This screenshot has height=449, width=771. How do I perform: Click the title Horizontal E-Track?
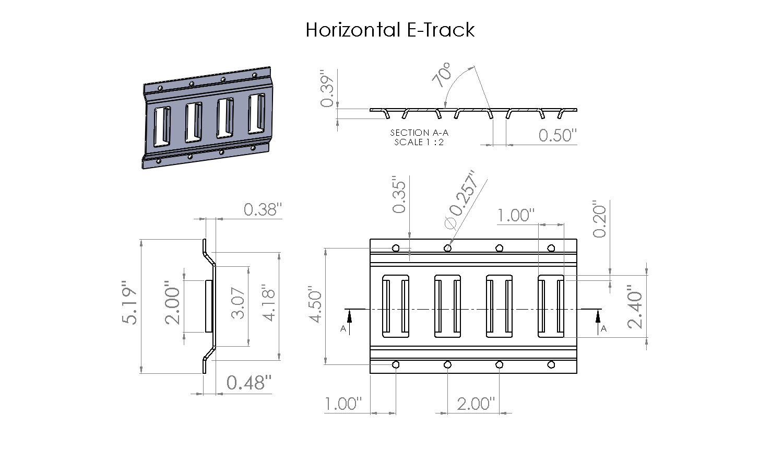click(x=390, y=30)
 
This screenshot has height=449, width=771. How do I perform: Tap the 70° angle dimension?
click(x=442, y=75)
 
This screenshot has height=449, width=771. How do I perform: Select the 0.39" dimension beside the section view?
click(x=327, y=88)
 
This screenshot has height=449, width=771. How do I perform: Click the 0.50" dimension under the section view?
click(x=558, y=135)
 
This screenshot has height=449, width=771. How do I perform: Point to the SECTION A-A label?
click(x=419, y=133)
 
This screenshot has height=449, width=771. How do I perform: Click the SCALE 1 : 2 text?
click(x=419, y=142)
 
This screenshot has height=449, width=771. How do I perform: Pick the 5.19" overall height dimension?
click(x=129, y=302)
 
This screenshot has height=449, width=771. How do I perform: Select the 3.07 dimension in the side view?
click(x=238, y=303)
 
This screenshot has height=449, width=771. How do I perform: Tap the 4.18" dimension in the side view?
click(x=268, y=303)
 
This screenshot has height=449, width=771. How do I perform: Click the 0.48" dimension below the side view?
click(x=249, y=383)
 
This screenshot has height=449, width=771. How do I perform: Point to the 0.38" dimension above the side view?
click(x=263, y=209)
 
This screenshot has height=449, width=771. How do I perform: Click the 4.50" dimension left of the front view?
click(x=315, y=304)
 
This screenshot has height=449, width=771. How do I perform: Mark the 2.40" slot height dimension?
click(x=635, y=306)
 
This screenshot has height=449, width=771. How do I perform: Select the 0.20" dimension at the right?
click(x=599, y=219)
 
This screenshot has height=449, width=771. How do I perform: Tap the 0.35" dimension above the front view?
click(x=399, y=195)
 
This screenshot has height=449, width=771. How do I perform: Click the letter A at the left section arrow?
click(x=343, y=328)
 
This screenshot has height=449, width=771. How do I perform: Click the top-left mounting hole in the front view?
click(x=396, y=248)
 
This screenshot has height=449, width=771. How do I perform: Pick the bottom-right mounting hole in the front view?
click(x=551, y=364)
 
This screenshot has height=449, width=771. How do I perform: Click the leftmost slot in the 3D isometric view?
click(x=161, y=126)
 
